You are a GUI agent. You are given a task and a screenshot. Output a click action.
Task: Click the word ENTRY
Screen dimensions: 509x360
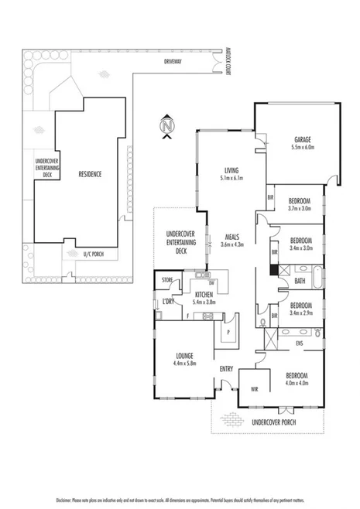click(x=227, y=368)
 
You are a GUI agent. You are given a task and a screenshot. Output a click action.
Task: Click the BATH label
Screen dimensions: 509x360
click(x=300, y=282)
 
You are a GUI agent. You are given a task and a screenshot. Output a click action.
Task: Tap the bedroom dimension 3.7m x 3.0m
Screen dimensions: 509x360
click(x=300, y=207)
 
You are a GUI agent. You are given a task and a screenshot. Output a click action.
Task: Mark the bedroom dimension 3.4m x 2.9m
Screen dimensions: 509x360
click(x=300, y=313)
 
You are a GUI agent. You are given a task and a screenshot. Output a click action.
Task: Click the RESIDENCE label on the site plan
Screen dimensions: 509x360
click(x=90, y=174)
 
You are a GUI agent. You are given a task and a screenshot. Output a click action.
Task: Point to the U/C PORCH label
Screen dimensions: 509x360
click(x=93, y=253)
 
